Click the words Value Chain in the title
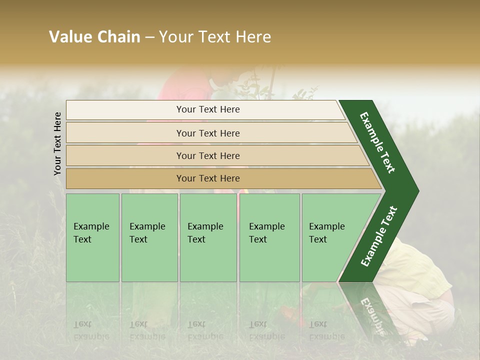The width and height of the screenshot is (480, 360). click(94, 37)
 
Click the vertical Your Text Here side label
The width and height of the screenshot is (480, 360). click(57, 143)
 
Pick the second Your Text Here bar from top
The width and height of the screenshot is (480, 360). click(208, 133)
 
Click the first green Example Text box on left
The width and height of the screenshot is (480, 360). click(92, 237)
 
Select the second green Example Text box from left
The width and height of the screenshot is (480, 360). click(149, 237)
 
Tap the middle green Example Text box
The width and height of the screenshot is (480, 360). click(208, 237)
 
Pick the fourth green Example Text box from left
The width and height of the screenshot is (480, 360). click(269, 237)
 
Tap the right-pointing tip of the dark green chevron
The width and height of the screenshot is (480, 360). click(415, 191)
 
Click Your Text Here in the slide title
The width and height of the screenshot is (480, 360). click(215, 37)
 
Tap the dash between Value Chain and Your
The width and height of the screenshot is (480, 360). click(149, 37)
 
